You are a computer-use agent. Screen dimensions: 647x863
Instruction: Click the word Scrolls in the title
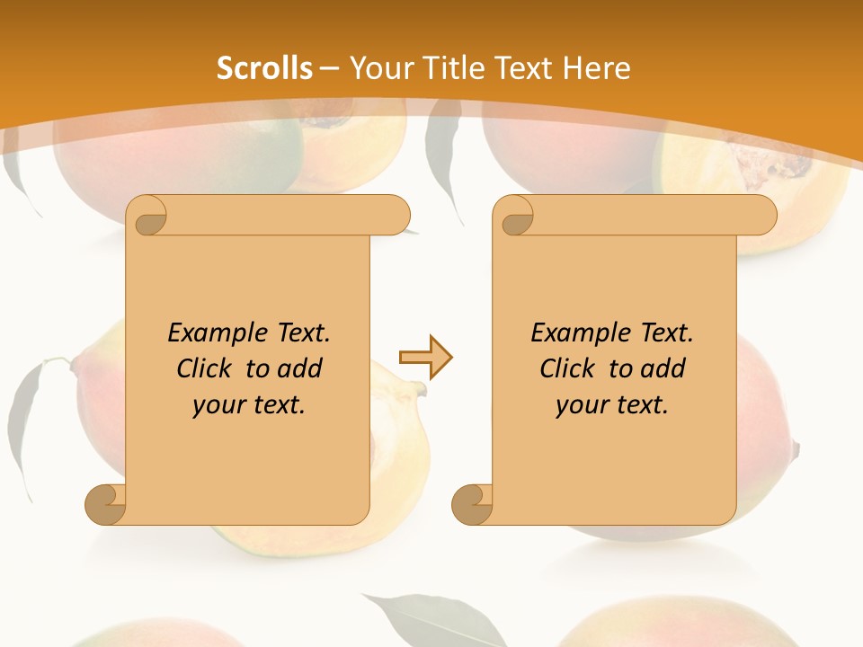pos(264,68)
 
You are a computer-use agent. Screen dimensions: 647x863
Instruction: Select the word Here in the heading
pos(597,68)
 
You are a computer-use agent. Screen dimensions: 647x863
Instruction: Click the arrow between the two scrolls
pos(425,358)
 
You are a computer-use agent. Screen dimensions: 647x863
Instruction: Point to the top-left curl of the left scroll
pos(147,216)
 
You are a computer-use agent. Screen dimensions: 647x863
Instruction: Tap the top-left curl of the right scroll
pos(515,216)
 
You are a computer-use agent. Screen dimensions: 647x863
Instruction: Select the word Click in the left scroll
pos(204,368)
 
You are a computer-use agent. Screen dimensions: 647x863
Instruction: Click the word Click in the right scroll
pos(567,368)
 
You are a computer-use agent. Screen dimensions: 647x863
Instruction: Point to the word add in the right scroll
pos(664,368)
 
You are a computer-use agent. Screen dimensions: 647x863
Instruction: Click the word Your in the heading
pos(378,68)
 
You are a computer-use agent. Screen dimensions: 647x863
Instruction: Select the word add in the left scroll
pos(301,368)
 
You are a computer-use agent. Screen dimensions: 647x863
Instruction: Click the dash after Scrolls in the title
pos(329,69)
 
